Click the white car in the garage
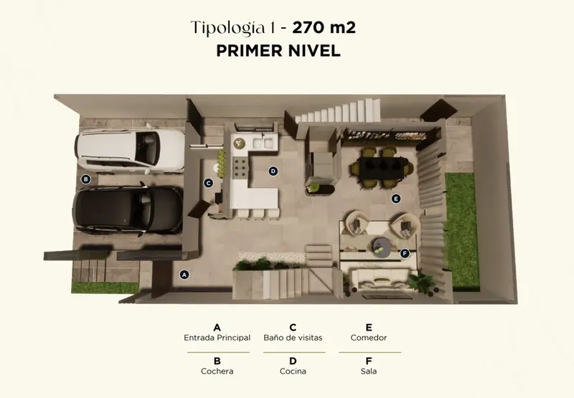pos(130,150)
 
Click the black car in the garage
pos(128,209)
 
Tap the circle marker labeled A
pos(184,275)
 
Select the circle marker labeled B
pos(85,179)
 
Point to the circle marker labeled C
pos(208,183)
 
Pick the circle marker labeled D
pos(273,171)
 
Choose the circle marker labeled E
pos(396,199)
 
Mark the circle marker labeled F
pos(404,253)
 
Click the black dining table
pos(383,168)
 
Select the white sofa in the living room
pos(382,280)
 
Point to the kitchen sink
pos(263,143)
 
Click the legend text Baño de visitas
pos(293,338)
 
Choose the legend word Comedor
pos(369,338)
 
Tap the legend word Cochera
pos(217,371)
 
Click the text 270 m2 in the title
pos(324,27)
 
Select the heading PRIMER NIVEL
pos(278,51)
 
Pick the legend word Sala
pos(369,371)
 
